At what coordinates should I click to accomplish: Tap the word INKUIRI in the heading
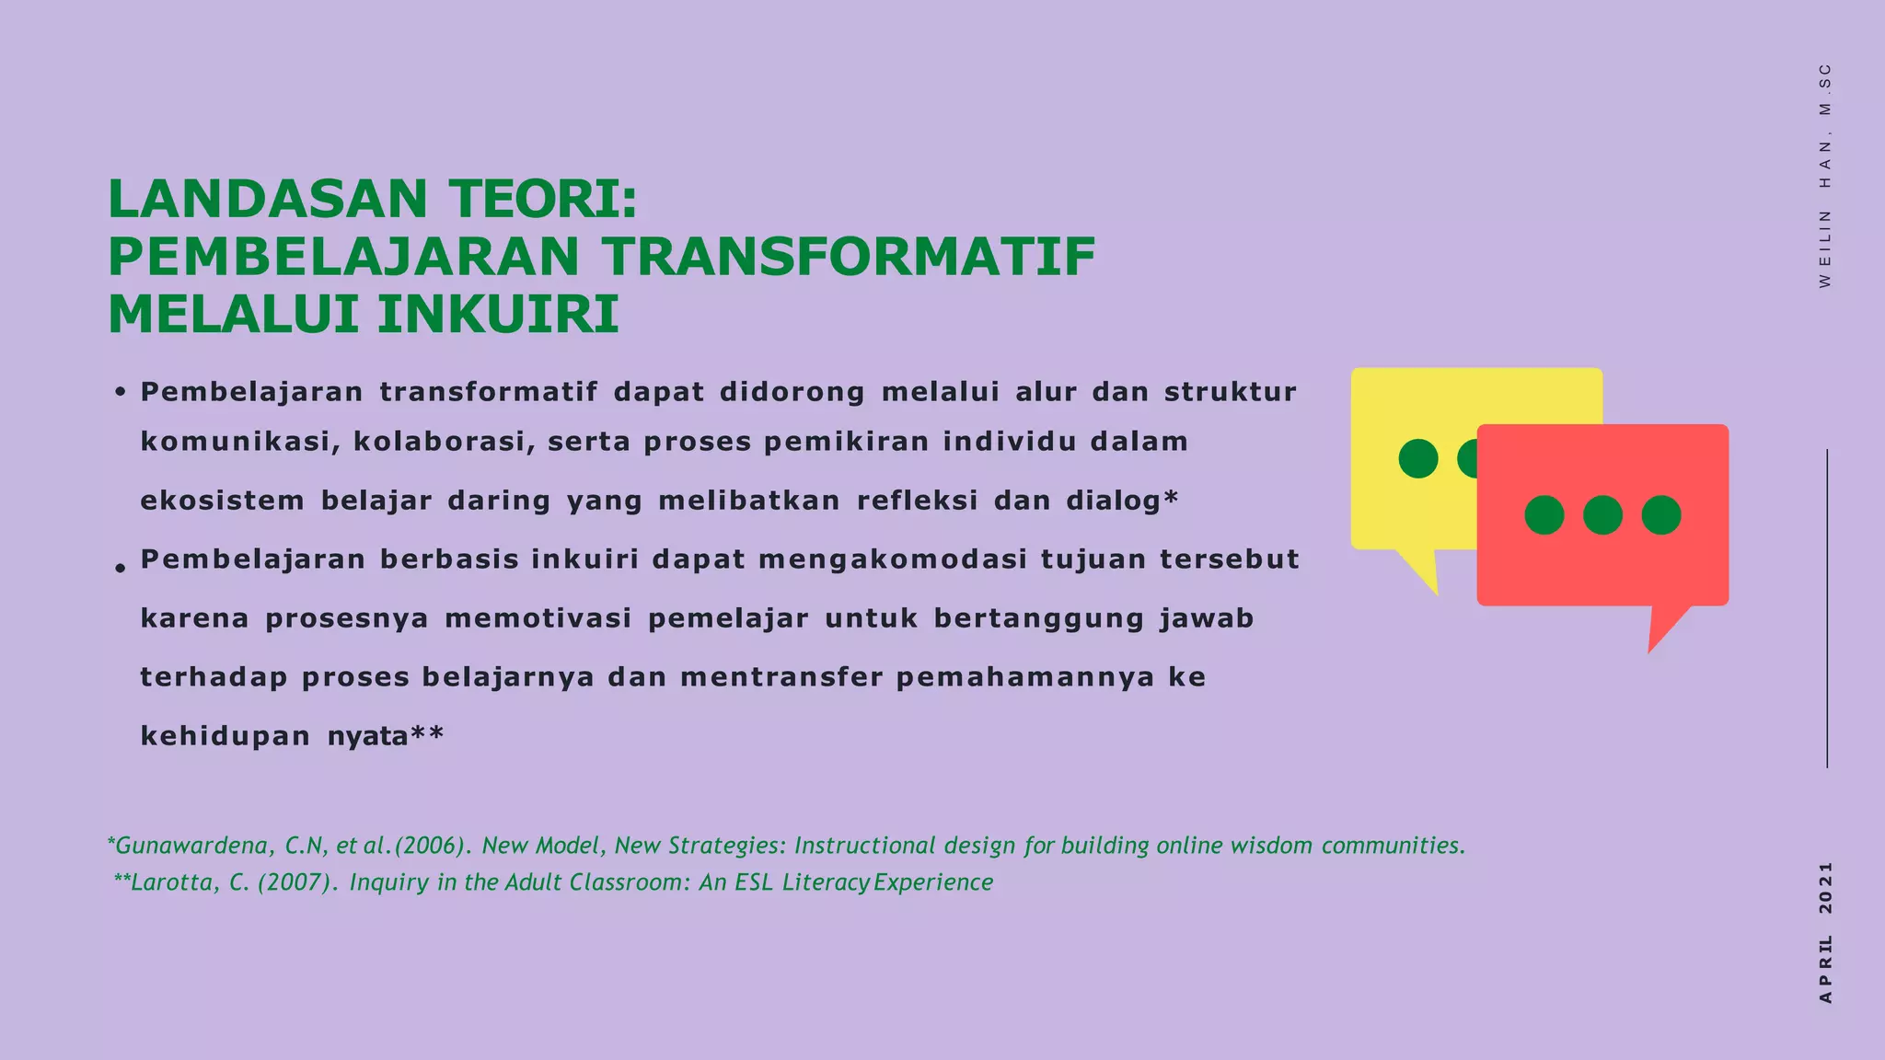498,315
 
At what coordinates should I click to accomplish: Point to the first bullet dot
120,393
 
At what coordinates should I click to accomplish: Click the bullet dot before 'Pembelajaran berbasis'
120,569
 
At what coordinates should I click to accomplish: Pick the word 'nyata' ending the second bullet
367,737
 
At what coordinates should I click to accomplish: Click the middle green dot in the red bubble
1602,515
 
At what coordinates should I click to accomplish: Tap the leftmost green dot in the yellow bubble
1417,458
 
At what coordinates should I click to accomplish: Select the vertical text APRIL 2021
1826,931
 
